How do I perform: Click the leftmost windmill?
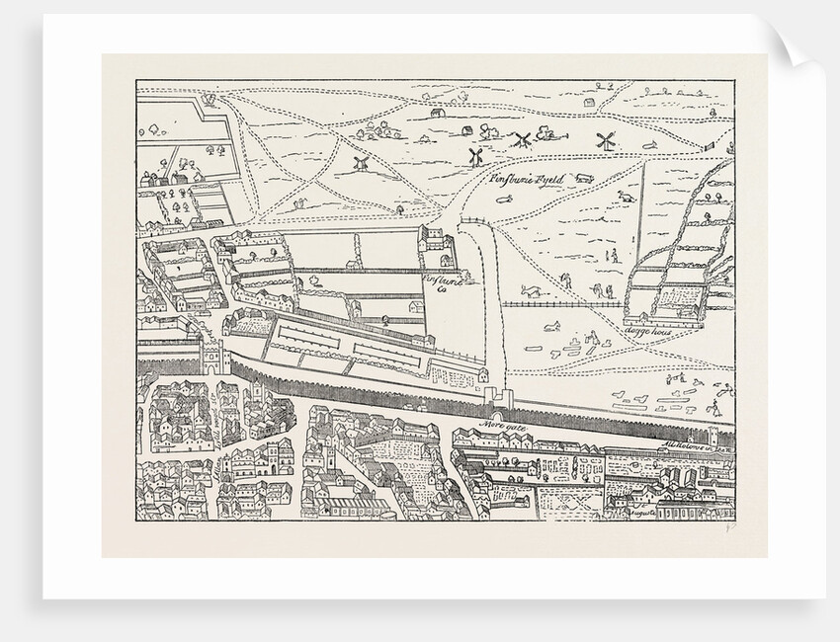361,161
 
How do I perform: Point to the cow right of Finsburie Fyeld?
583,179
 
